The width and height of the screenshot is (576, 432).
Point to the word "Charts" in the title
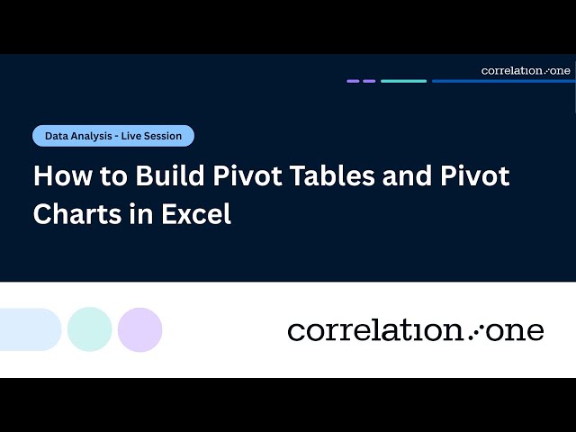76,214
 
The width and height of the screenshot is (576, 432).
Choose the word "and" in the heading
409,175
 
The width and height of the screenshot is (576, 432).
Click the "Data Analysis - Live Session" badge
113,136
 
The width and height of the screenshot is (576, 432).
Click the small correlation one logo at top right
526,70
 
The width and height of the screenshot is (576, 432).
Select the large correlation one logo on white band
416,330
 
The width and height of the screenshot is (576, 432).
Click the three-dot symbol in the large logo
478,331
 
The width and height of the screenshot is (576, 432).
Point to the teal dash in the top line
403,81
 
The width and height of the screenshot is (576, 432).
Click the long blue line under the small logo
501,81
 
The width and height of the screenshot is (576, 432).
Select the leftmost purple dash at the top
353,81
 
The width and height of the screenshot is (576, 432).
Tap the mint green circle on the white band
89,329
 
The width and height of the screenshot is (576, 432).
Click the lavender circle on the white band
139,329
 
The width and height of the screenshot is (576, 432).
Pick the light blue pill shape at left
29,329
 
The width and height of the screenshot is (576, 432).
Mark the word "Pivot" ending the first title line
478,175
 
